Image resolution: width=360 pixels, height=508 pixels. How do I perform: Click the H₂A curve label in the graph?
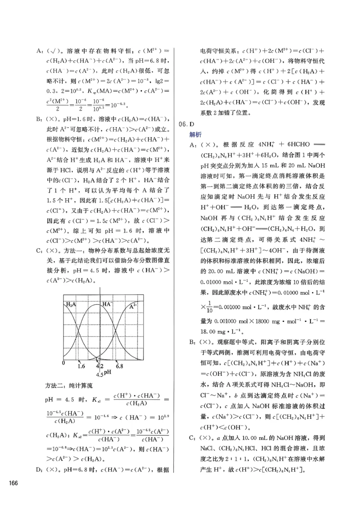[71, 305]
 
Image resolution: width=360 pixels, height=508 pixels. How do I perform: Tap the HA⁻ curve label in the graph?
[107, 304]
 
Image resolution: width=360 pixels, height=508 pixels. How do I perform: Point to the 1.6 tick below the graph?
[81, 366]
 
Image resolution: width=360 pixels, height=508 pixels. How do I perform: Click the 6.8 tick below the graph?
[119, 366]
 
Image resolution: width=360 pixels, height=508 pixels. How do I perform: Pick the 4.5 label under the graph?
[100, 374]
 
